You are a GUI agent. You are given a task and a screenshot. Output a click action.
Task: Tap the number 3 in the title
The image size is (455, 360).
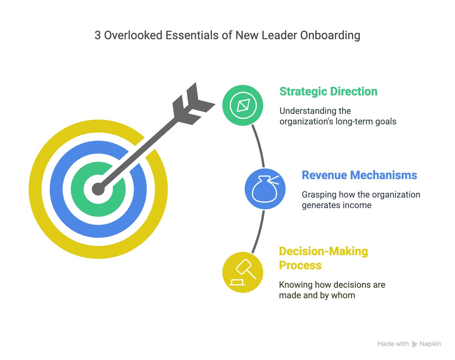pyautogui.click(x=98, y=35)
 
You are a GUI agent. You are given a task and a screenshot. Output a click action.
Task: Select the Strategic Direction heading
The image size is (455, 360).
pyautogui.click(x=328, y=92)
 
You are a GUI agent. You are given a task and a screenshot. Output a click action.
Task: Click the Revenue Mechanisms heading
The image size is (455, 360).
pyautogui.click(x=359, y=175)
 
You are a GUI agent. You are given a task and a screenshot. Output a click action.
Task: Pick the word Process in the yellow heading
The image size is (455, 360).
pyautogui.click(x=300, y=265)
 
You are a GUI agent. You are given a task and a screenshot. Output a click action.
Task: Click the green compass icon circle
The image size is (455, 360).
pyautogui.click(x=243, y=105)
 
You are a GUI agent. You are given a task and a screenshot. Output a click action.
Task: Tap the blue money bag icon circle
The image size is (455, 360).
pyautogui.click(x=265, y=189)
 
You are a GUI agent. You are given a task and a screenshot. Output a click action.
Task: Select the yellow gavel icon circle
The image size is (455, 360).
pyautogui.click(x=243, y=272)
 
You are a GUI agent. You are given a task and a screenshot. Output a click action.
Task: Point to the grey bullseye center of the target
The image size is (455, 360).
pyautogui.click(x=98, y=189)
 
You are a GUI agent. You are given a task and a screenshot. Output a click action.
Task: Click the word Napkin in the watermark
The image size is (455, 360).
pyautogui.click(x=430, y=344)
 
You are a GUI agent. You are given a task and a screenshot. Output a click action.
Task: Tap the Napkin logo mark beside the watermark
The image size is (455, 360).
pyautogui.click(x=414, y=344)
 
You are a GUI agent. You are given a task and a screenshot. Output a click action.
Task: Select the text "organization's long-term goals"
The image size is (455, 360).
pyautogui.click(x=338, y=121)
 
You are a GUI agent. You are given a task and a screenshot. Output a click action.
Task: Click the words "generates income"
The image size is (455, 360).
pyautogui.click(x=336, y=205)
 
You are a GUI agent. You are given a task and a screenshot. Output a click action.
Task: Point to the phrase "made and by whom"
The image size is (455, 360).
pyautogui.click(x=317, y=295)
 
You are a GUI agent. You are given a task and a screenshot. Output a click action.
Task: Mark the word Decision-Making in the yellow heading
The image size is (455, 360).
pyautogui.click(x=323, y=251)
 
